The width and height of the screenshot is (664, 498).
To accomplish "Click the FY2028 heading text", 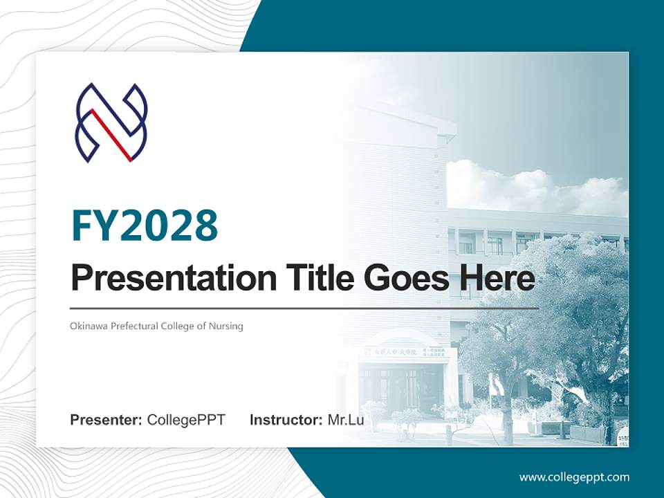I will (x=145, y=225).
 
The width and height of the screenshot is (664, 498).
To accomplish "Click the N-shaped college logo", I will (x=111, y=123).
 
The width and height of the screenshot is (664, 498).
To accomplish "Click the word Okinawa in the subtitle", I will (x=87, y=326).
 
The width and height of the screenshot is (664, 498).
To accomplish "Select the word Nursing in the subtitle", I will (x=227, y=326).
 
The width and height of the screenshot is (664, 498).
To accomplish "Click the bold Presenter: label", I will (x=107, y=420).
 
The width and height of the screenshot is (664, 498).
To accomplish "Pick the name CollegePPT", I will (x=186, y=420).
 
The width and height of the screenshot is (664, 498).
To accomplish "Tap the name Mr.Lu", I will (x=346, y=420).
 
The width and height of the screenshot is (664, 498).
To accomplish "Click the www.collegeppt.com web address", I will (x=574, y=477).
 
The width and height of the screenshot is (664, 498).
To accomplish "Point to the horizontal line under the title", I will (x=304, y=308).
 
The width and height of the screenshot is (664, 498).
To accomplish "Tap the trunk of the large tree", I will (x=508, y=415).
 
